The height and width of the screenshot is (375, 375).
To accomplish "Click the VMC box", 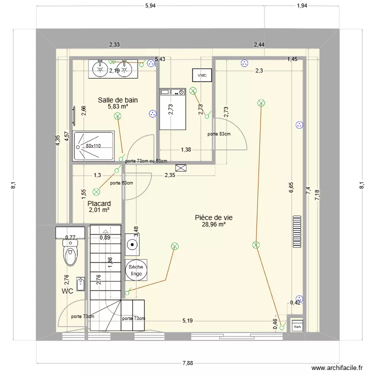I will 202,75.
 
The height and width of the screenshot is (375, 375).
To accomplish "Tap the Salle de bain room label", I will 118,100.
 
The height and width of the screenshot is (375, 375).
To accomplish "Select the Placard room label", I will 99,203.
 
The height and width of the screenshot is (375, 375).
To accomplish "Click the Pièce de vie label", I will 213,217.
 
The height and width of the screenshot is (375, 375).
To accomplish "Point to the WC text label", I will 68,290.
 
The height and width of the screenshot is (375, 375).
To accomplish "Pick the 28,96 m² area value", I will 213,224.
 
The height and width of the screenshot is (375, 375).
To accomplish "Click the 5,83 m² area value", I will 118,106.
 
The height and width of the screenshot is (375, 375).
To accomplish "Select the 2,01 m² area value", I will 99,210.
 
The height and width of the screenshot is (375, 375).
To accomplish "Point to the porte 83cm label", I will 219,134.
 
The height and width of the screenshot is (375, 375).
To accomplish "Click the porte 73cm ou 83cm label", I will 146,160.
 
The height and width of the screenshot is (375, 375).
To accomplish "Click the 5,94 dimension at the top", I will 150,5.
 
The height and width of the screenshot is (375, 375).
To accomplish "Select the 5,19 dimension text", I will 187,320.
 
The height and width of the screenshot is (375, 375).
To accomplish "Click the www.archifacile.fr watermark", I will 337,367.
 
